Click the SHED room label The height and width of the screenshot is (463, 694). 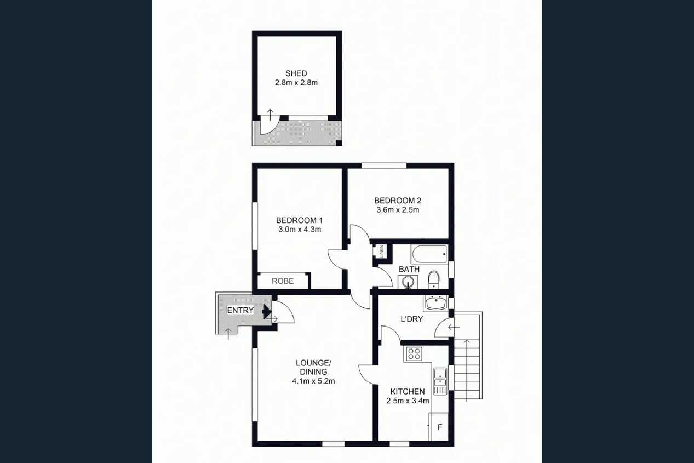click(296, 73)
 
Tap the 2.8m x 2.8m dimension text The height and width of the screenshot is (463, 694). click(296, 83)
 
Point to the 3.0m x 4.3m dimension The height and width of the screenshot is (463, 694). click(300, 230)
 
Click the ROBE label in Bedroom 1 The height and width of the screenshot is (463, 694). click(283, 281)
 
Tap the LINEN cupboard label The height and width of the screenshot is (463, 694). click(382, 251)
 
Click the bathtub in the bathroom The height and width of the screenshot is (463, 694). click(430, 254)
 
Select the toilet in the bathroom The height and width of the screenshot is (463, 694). click(433, 280)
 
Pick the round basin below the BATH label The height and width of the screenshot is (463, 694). click(408, 282)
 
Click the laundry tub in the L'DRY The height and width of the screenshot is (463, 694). click(436, 303)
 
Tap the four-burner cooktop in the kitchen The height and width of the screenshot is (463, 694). click(414, 354)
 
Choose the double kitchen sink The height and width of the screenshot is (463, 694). click(440, 381)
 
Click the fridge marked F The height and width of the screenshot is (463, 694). click(439, 426)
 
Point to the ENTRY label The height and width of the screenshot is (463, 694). click(240, 310)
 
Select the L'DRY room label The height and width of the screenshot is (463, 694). click(412, 319)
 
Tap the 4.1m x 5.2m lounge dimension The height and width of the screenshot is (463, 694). click(313, 381)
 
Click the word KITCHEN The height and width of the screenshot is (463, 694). click(408, 391)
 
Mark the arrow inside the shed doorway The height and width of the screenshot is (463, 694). click(270, 115)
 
